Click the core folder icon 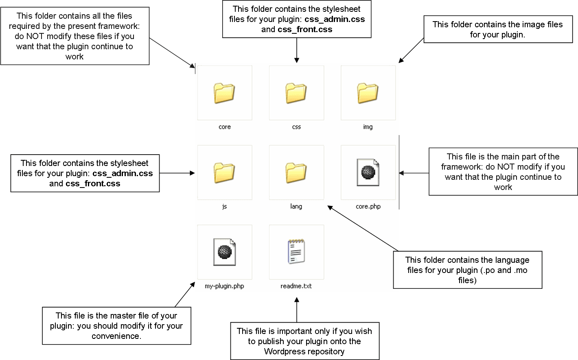[x=224, y=93]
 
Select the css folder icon [x=296, y=93]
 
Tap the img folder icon [x=368, y=93]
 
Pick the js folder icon [x=224, y=173]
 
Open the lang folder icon [x=296, y=173]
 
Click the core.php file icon [x=368, y=172]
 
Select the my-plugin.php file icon [x=225, y=252]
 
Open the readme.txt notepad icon [x=296, y=251]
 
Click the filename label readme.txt [x=296, y=286]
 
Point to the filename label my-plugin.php [x=224, y=286]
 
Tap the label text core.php [x=368, y=207]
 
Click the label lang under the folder [x=296, y=207]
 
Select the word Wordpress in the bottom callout [x=283, y=351]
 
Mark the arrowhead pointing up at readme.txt [x=297, y=300]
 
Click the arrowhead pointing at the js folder [x=192, y=173]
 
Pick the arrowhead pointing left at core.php [x=401, y=173]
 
